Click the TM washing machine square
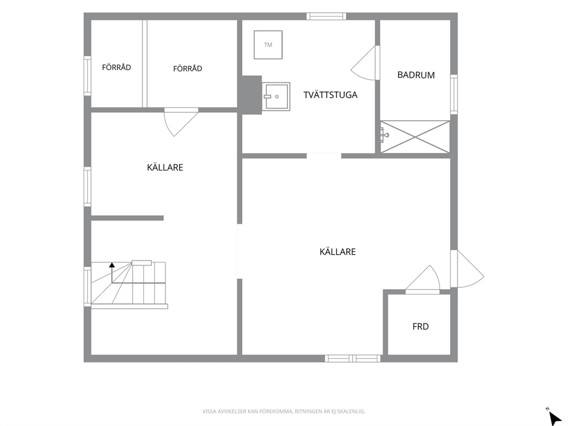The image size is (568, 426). (268, 45)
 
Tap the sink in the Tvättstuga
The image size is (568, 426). (276, 97)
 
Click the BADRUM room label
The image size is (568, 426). (416, 75)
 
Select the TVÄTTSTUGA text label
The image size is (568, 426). (330, 95)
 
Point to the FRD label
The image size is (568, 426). (421, 327)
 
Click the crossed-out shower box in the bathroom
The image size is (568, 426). (415, 137)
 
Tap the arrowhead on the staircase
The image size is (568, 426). (112, 265)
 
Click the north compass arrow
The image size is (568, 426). (554, 417)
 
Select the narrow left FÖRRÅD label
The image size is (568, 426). (116, 68)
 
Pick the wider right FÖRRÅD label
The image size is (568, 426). (188, 69)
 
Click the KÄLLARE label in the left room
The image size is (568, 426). (165, 167)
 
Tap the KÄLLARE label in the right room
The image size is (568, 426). (338, 252)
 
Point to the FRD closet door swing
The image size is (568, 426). (424, 278)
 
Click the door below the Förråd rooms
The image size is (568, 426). (180, 122)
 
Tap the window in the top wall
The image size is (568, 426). (326, 16)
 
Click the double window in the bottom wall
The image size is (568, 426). (353, 358)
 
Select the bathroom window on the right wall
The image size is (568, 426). (454, 94)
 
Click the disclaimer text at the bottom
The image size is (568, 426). (283, 411)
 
